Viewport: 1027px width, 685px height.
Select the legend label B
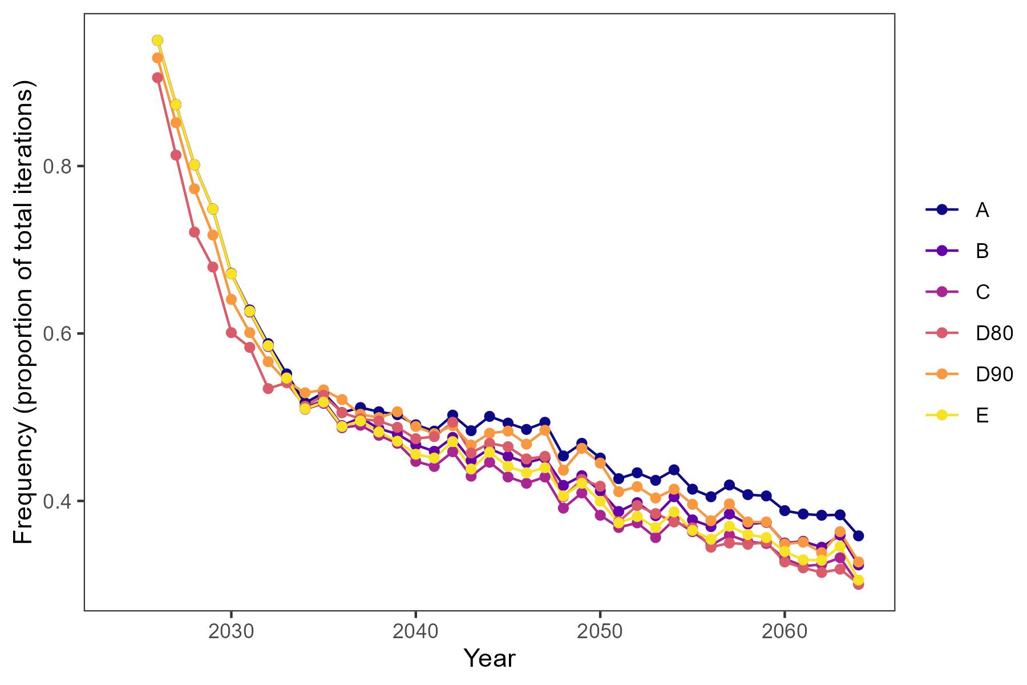pyautogui.click(x=981, y=251)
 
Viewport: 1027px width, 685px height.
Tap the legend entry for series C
pyautogui.click(x=981, y=292)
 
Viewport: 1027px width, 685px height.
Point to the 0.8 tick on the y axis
pyautogui.click(x=57, y=167)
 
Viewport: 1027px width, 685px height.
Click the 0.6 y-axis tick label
pyautogui.click(x=57, y=334)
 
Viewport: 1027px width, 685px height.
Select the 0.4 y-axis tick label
pyautogui.click(x=57, y=501)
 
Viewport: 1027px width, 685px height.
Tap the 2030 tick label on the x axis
pyautogui.click(x=231, y=632)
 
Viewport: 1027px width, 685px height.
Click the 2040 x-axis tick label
pyautogui.click(x=415, y=632)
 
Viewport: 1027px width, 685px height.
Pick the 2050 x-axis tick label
pyautogui.click(x=600, y=632)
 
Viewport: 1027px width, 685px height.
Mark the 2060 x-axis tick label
pyautogui.click(x=784, y=632)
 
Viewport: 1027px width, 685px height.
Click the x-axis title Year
pyautogui.click(x=490, y=658)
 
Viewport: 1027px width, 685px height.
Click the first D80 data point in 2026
pyautogui.click(x=157, y=78)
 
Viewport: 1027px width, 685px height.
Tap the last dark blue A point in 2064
pyautogui.click(x=858, y=535)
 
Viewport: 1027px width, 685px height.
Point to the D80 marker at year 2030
pyautogui.click(x=231, y=333)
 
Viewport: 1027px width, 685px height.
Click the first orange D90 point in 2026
pyautogui.click(x=157, y=58)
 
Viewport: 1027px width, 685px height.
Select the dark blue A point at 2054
pyautogui.click(x=674, y=470)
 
